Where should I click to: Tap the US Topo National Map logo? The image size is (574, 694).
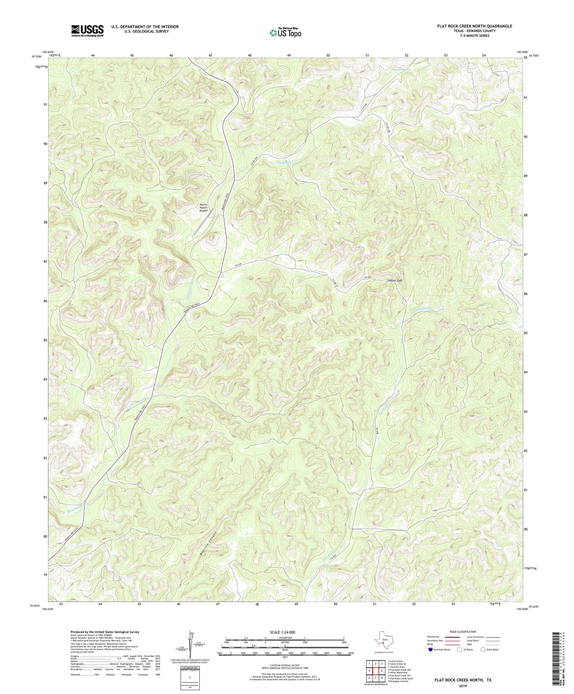click(x=285, y=33)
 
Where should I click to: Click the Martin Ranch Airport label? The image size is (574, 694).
click(x=204, y=207)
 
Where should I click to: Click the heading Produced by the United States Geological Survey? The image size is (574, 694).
click(x=104, y=632)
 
